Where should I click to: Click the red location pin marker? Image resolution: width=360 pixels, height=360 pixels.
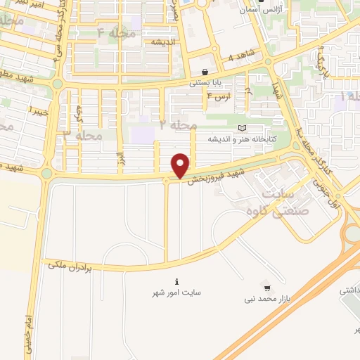(181, 165)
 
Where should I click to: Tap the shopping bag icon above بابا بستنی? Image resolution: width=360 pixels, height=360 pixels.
(205, 72)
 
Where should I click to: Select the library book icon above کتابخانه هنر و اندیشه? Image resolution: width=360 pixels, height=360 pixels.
(243, 127)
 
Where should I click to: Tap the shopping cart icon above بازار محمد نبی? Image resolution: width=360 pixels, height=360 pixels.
(266, 287)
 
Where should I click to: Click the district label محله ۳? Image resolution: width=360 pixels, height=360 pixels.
(83, 134)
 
